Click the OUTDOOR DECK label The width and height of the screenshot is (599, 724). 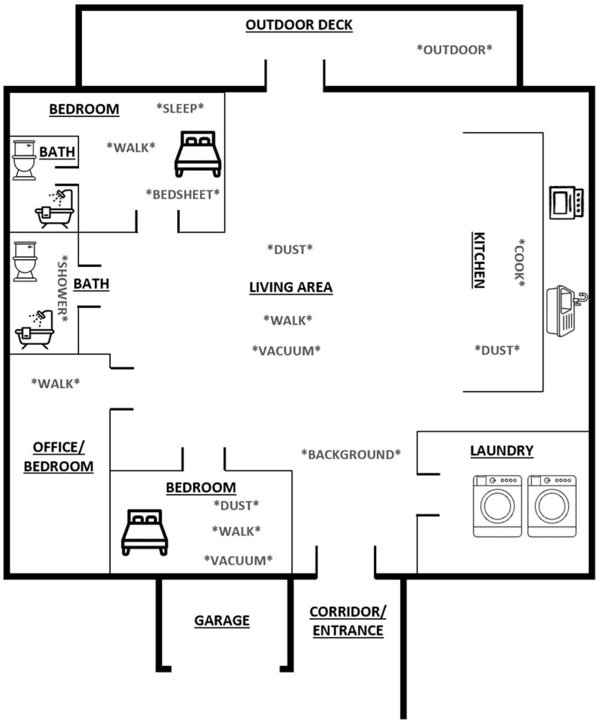299,25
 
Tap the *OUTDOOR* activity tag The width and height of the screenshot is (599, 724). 454,50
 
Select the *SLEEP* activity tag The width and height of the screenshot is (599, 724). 180,108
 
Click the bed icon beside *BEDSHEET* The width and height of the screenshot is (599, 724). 198,154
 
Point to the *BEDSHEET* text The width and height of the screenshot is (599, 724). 183,194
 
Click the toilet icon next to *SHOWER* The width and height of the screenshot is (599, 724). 25,262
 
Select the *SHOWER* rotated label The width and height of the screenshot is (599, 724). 63,289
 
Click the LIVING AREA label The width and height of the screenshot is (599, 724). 291,287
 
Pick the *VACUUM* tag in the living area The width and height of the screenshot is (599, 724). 286,350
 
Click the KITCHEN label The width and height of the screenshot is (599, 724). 479,260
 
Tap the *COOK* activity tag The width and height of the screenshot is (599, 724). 519,263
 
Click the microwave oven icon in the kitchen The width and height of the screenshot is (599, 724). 566,202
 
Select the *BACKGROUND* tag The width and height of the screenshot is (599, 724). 351,454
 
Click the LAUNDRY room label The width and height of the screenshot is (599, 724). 501,451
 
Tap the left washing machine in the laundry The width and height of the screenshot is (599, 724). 497,506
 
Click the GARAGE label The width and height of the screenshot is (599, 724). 222,620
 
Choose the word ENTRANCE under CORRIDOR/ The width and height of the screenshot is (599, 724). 348,631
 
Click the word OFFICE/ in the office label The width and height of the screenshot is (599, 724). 59,447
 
